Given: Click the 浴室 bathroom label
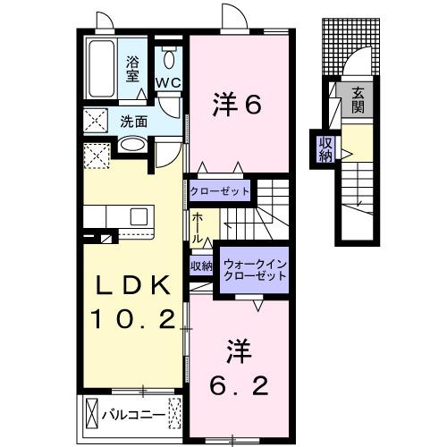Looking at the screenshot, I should pos(133,69).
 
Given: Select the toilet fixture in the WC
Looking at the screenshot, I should pos(168,59).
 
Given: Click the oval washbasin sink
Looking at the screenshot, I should pos(133,144).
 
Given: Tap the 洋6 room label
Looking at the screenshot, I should pos(236,105).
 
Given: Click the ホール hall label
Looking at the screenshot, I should pos(197,229).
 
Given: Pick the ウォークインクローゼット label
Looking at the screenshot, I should pos(255,271).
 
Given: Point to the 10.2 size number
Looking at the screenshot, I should pos(131,318).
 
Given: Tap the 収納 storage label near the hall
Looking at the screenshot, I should pos(200,266).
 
